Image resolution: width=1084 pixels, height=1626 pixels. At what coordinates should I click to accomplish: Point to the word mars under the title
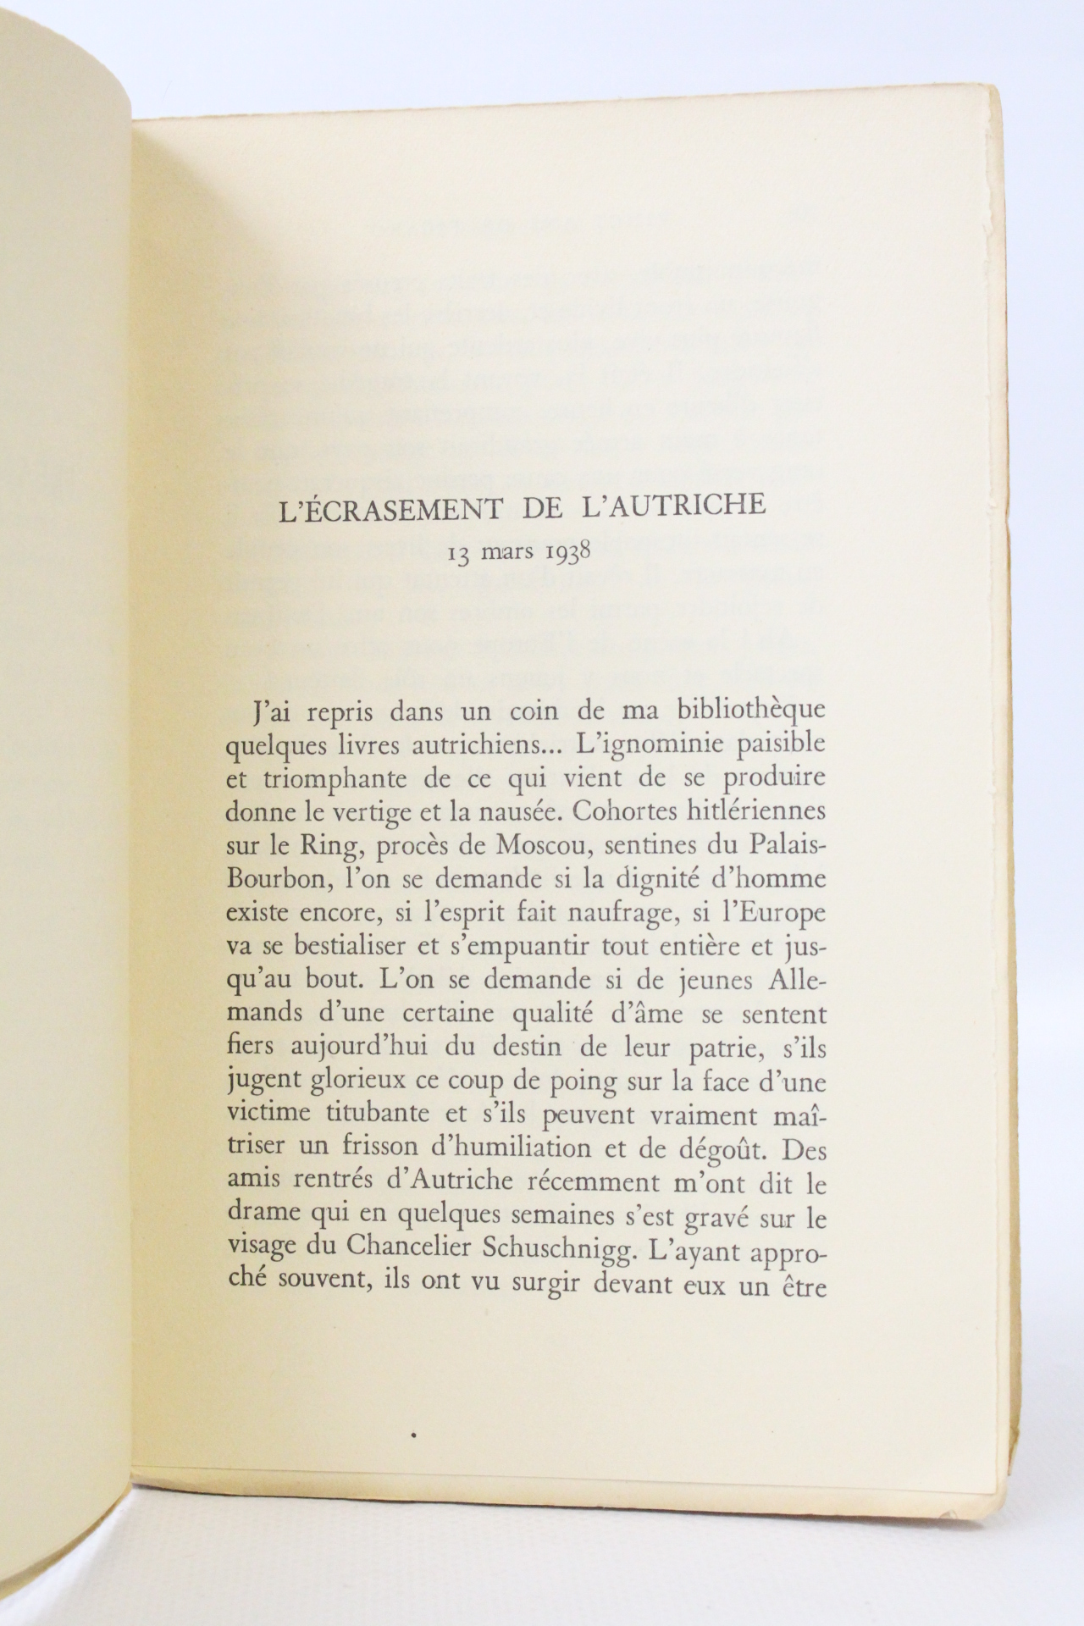(506, 554)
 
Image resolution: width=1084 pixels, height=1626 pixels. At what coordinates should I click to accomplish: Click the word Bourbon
(275, 877)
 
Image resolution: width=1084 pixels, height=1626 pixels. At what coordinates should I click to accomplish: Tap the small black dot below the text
(414, 1434)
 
